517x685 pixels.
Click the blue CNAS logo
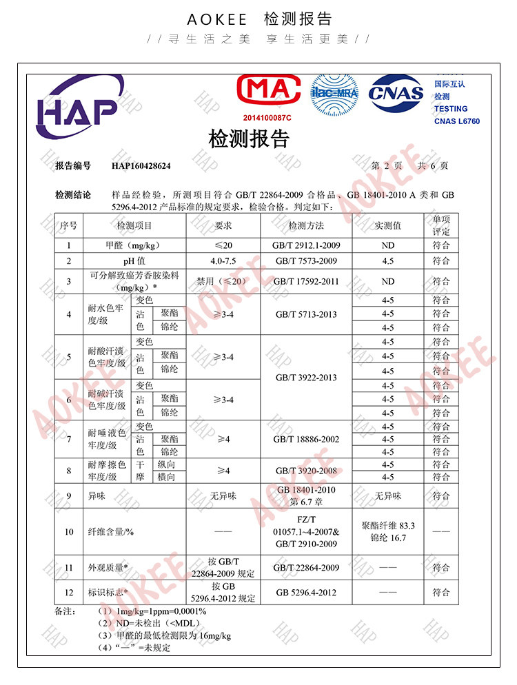pyautogui.click(x=396, y=94)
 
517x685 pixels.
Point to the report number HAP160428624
pyautogui.click(x=141, y=166)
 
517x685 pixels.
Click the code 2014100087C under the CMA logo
pyautogui.click(x=267, y=118)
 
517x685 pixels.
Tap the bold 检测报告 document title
pyautogui.click(x=249, y=139)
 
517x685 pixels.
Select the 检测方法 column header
pyautogui.click(x=306, y=225)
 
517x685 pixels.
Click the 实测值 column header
pyautogui.click(x=388, y=225)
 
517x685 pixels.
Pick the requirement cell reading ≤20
pyautogui.click(x=223, y=245)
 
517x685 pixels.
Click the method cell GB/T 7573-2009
pyautogui.click(x=306, y=261)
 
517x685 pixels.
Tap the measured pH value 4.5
pyautogui.click(x=388, y=261)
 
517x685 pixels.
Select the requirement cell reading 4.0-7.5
pyautogui.click(x=223, y=261)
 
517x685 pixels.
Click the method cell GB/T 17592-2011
pyautogui.click(x=306, y=281)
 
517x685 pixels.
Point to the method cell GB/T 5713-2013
pyautogui.click(x=306, y=314)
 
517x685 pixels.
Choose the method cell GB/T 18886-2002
pyautogui.click(x=306, y=439)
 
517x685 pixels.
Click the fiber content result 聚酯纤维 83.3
pyautogui.click(x=388, y=525)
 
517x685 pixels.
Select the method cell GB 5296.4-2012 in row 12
pyautogui.click(x=306, y=593)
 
